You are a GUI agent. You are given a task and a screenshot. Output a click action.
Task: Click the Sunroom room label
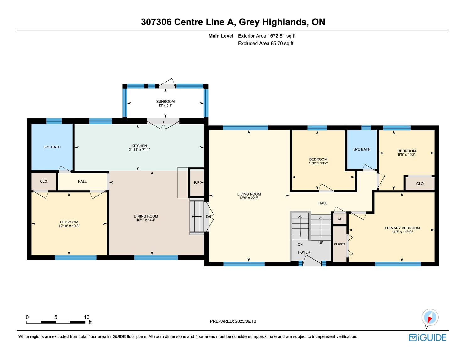[165, 101]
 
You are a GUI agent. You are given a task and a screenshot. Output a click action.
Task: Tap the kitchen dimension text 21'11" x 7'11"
[139, 150]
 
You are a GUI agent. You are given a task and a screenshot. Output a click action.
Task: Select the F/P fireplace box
[197, 182]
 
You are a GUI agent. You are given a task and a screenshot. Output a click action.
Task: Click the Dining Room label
[146, 216]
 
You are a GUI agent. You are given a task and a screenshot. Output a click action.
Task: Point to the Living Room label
[249, 194]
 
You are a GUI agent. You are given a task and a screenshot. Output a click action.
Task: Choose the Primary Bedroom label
[402, 228]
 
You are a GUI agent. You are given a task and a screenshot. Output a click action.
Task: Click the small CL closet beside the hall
[340, 219]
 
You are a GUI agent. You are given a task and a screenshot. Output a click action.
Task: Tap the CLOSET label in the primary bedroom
[340, 244]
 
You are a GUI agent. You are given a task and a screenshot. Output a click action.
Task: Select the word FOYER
[304, 252]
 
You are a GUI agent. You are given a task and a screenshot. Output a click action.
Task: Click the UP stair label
[321, 243]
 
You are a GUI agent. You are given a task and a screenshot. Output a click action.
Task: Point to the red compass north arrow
[430, 319]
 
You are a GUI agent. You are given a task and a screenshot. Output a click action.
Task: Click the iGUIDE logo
[427, 337]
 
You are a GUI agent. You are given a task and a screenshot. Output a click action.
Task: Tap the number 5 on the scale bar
[56, 317]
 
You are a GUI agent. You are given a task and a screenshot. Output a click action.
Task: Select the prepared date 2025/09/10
[245, 321]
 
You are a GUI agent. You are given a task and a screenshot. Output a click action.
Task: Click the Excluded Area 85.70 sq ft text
[265, 43]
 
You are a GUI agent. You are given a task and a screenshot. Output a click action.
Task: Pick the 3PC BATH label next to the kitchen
[52, 147]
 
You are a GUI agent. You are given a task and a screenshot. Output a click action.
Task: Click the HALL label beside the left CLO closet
[82, 181]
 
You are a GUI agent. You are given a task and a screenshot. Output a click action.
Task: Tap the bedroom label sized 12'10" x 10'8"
[69, 222]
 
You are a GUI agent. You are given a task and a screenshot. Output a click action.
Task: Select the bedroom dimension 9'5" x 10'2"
[407, 154]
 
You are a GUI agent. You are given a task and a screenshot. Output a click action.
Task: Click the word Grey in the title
[249, 22]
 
